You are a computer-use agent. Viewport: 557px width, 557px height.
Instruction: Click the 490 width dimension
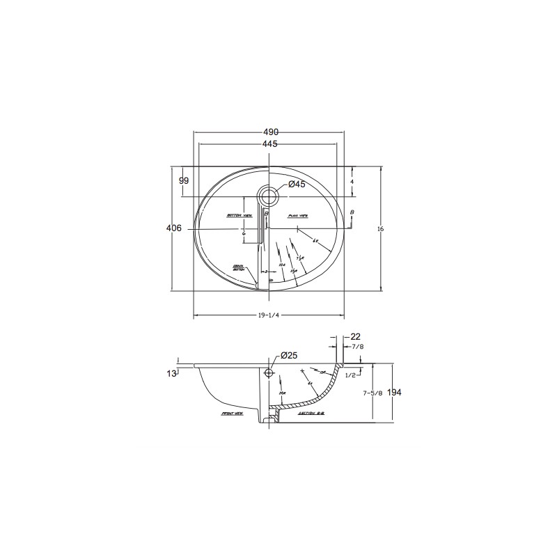(x=270, y=132)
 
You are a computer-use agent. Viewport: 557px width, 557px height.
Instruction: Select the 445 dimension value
(x=270, y=144)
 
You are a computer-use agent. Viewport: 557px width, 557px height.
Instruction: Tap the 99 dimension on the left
(x=184, y=180)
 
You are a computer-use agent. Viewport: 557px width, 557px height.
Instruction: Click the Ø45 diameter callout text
(x=297, y=185)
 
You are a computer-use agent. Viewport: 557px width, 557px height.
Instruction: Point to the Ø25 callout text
(x=288, y=356)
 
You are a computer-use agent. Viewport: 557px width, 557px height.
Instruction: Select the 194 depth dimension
(x=393, y=393)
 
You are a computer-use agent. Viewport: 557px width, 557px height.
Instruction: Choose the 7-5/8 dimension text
(x=372, y=393)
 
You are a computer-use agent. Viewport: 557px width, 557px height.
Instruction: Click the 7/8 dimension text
(x=356, y=346)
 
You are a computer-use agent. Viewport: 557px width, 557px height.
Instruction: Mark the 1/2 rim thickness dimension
(x=352, y=375)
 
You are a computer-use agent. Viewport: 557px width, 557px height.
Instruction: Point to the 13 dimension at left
(x=171, y=374)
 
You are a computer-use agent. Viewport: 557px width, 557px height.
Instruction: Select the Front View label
(x=231, y=413)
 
